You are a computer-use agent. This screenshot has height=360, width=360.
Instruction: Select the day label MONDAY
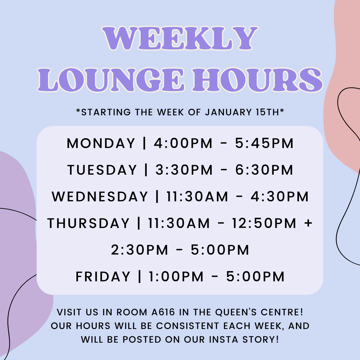point(101,143)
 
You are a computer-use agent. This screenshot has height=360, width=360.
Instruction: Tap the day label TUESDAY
point(102,170)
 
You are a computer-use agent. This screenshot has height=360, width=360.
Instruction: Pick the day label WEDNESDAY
point(100,197)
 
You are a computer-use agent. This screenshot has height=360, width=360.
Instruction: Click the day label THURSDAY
point(88,223)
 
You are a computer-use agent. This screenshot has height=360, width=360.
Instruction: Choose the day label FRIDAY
point(103,277)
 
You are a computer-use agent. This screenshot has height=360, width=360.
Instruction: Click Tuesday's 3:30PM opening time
point(184,170)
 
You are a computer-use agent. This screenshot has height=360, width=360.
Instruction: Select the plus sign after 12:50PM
point(308,223)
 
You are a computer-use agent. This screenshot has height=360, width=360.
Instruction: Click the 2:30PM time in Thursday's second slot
point(140,250)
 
